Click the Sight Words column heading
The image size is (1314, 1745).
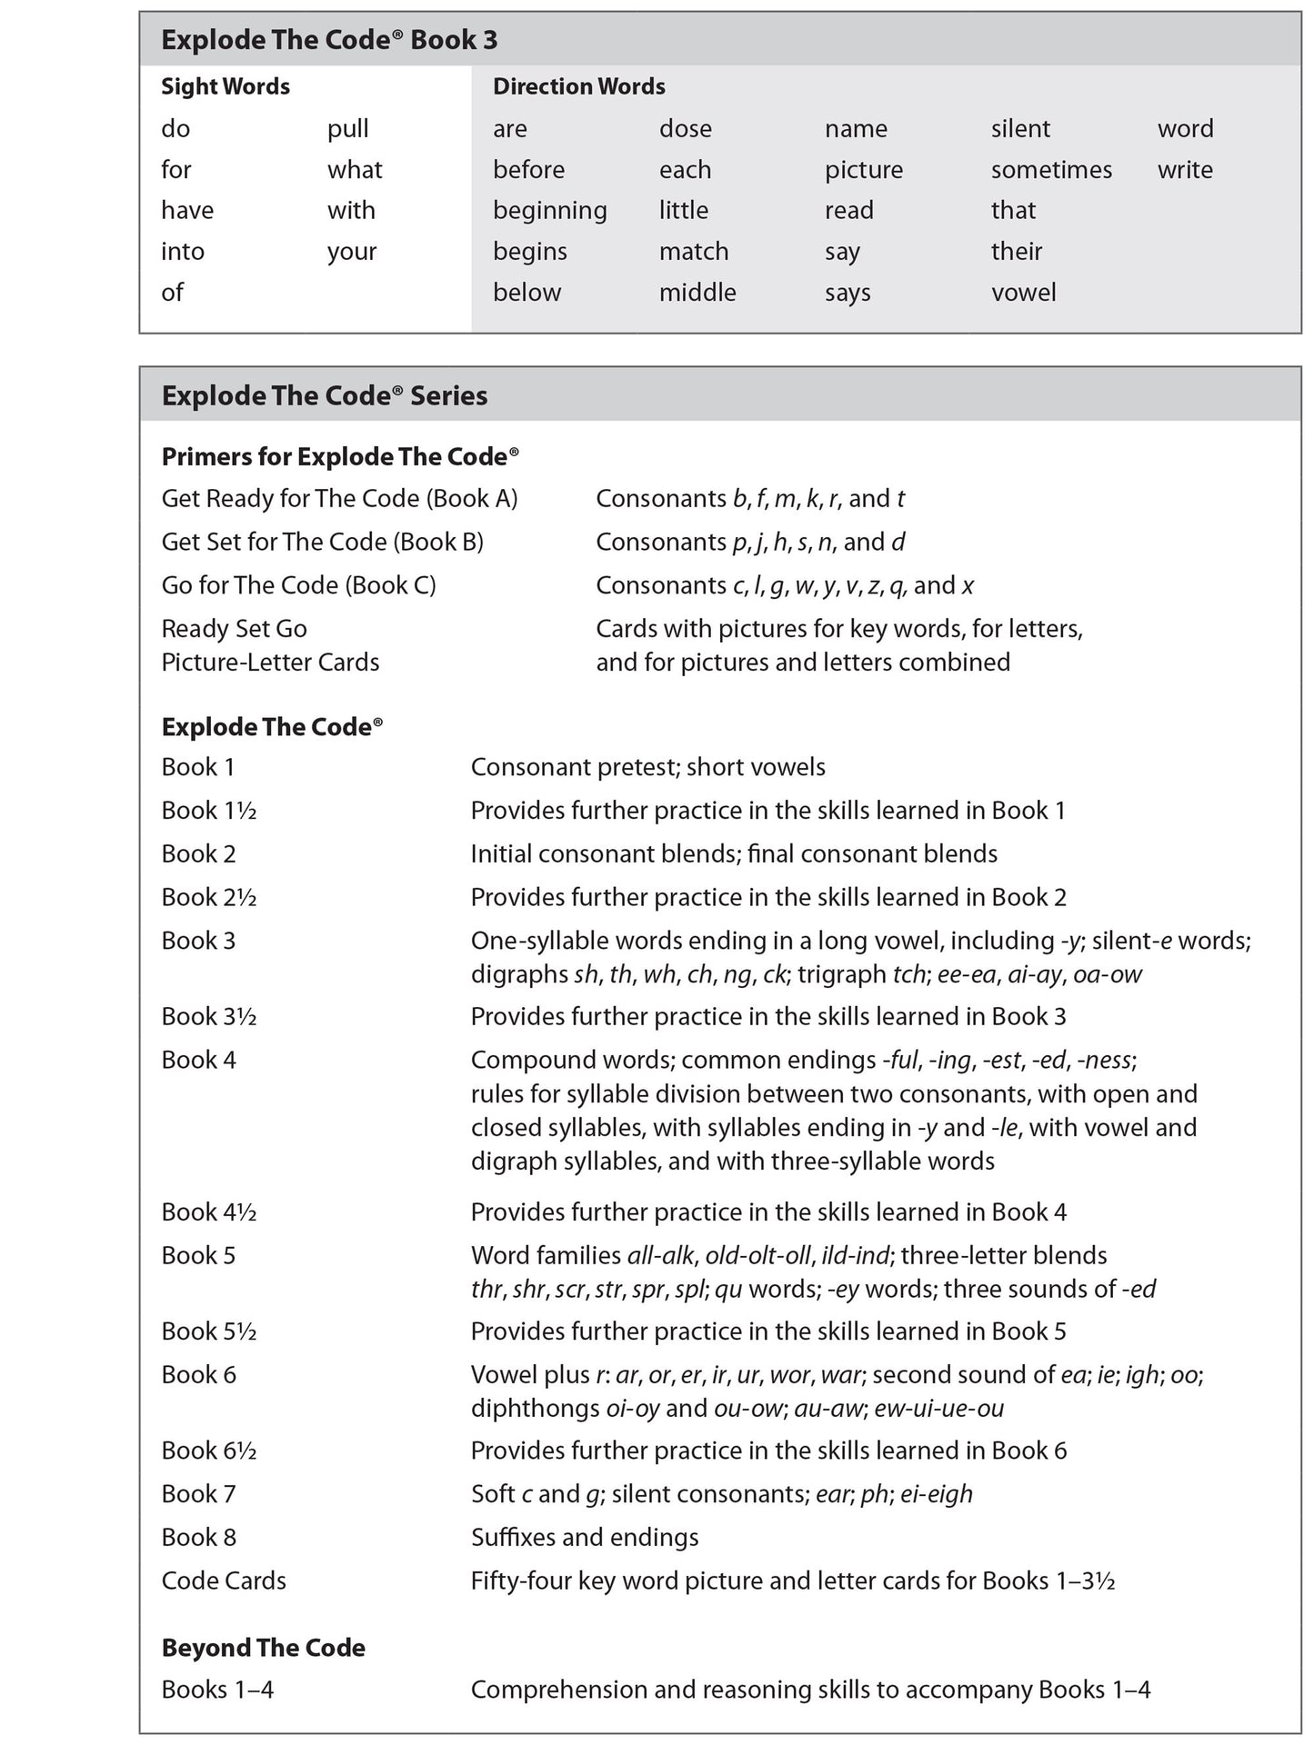[226, 86]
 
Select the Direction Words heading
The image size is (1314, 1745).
[578, 86]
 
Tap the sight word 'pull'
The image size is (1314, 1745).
[347, 129]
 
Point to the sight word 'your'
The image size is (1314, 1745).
[351, 252]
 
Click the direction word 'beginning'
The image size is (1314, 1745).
[549, 211]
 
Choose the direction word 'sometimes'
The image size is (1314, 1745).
[1051, 170]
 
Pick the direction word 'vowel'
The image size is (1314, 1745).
[1023, 293]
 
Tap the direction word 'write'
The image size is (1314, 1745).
[1185, 170]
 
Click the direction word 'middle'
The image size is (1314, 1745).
[697, 293]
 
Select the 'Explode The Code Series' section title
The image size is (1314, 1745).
[325, 396]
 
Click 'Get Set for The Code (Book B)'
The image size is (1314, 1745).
[322, 542]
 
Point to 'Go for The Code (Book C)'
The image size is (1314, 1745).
[298, 585]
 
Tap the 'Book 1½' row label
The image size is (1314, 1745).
[208, 811]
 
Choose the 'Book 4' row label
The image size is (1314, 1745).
[198, 1060]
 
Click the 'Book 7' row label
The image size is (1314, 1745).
[198, 1494]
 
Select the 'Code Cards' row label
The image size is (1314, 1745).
[224, 1581]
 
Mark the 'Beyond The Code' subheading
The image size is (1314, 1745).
[263, 1648]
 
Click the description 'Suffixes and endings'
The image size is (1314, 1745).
[585, 1538]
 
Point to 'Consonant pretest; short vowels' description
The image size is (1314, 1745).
[647, 767]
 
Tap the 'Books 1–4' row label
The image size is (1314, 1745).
[217, 1690]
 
